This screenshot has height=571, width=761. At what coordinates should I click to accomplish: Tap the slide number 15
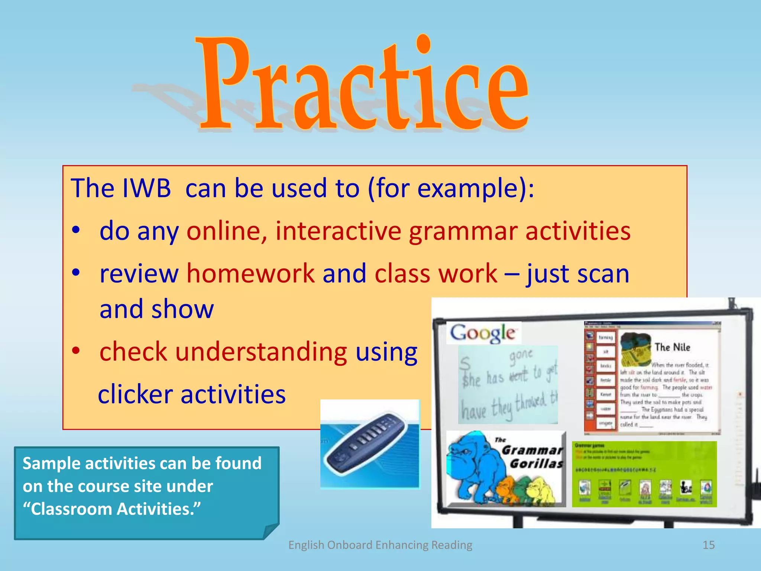(708, 545)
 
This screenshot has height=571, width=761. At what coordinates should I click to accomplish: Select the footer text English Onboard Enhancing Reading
(380, 545)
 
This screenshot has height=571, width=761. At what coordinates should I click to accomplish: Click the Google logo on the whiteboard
(483, 333)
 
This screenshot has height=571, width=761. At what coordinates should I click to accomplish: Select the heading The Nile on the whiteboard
(672, 347)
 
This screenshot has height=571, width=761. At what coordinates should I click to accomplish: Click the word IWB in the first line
(146, 188)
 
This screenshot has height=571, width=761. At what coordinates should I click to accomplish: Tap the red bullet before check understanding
(76, 350)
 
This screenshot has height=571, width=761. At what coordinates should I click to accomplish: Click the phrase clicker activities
(192, 394)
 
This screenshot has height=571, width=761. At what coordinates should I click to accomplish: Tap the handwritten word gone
(521, 355)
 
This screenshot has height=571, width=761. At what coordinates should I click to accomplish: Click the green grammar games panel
(644, 474)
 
